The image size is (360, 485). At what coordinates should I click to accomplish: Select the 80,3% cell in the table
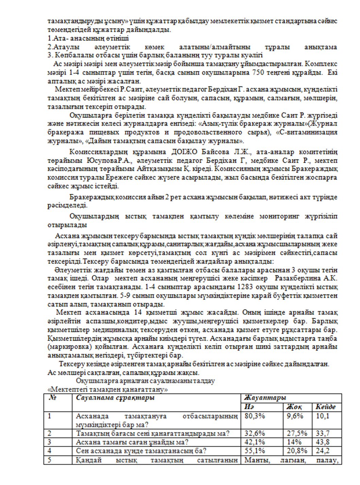[x=255, y=416]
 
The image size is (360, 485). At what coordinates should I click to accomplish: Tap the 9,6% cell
[x=295, y=416]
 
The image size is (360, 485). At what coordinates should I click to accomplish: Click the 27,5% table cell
[x=297, y=433]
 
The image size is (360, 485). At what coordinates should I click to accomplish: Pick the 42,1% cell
[x=255, y=442]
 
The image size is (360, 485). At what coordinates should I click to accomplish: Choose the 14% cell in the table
[x=294, y=442]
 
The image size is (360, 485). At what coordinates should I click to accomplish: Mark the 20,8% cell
[x=297, y=451]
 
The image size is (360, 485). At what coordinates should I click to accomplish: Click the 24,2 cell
[x=323, y=451]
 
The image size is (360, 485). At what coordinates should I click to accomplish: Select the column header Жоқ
[x=294, y=407]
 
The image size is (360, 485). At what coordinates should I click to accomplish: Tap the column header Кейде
[x=325, y=407]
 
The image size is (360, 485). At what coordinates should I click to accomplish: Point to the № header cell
[x=52, y=398]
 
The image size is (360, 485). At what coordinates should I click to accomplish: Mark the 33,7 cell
[x=323, y=433]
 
